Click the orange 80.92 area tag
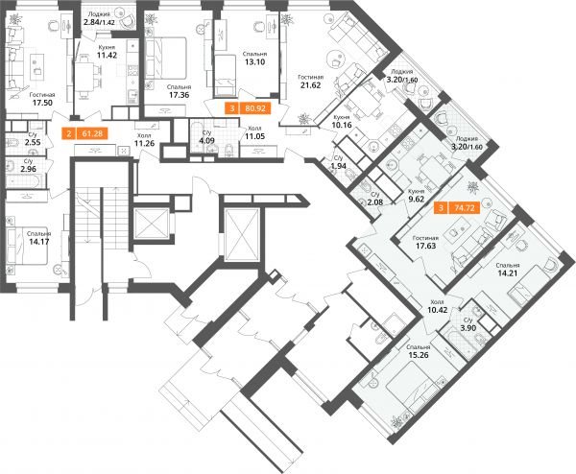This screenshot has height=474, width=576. tap(249, 108)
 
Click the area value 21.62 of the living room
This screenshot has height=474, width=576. tap(309, 85)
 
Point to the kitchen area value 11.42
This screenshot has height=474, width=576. tap(107, 56)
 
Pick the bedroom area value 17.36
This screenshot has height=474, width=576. tap(179, 95)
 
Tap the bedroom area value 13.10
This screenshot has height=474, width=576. tap(255, 61)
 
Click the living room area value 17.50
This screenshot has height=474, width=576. tap(42, 103)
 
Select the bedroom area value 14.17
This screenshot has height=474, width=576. tap(39, 242)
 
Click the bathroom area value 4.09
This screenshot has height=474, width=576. tap(206, 140)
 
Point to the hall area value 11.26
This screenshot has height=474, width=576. tap(143, 143)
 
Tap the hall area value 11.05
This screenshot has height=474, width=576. tap(255, 136)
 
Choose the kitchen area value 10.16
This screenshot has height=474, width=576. tap(342, 125)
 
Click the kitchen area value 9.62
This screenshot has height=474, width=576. tap(417, 200)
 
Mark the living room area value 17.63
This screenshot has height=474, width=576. tap(425, 246)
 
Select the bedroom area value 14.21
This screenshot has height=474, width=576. tap(507, 273)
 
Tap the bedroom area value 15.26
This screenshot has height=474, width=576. tap(419, 355)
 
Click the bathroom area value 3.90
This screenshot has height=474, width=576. tap(468, 328)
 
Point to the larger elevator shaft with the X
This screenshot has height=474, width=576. tap(242, 234)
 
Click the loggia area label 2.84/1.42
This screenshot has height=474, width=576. tap(99, 22)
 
